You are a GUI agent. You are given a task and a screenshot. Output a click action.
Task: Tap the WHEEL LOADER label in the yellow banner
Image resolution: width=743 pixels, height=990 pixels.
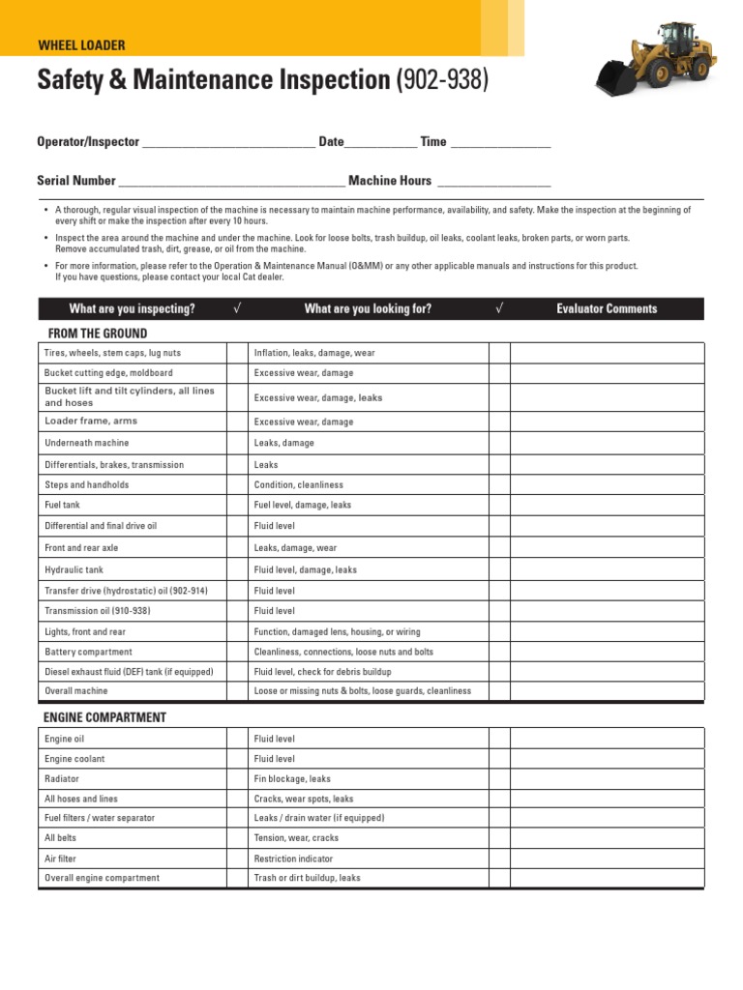(81, 45)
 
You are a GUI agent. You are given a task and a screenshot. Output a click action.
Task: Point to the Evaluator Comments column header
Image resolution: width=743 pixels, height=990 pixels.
(607, 309)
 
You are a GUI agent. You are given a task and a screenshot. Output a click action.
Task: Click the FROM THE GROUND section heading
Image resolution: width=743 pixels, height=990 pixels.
(96, 334)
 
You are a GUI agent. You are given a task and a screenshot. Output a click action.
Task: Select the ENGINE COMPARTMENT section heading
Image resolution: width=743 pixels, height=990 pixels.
(104, 717)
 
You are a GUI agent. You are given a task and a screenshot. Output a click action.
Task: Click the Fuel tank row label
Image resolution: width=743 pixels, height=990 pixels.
(63, 505)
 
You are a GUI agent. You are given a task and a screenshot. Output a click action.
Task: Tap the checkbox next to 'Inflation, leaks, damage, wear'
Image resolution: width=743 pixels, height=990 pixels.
(498, 353)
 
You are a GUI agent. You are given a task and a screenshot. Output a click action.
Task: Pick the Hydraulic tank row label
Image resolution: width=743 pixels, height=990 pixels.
(73, 569)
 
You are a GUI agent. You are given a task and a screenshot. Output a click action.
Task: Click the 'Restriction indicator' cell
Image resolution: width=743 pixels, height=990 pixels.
(293, 859)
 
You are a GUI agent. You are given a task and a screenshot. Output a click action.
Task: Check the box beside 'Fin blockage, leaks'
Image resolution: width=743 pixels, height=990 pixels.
(498, 778)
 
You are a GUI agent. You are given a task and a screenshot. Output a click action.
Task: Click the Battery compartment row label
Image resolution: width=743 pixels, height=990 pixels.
(88, 652)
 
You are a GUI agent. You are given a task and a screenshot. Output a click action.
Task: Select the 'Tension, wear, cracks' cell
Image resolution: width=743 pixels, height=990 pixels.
(296, 838)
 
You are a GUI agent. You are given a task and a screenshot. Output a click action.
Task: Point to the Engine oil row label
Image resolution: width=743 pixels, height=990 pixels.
(65, 739)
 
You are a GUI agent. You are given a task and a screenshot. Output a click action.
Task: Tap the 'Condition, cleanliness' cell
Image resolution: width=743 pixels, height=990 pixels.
(298, 484)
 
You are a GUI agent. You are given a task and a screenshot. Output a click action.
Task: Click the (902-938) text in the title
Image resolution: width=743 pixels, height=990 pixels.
(443, 81)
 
